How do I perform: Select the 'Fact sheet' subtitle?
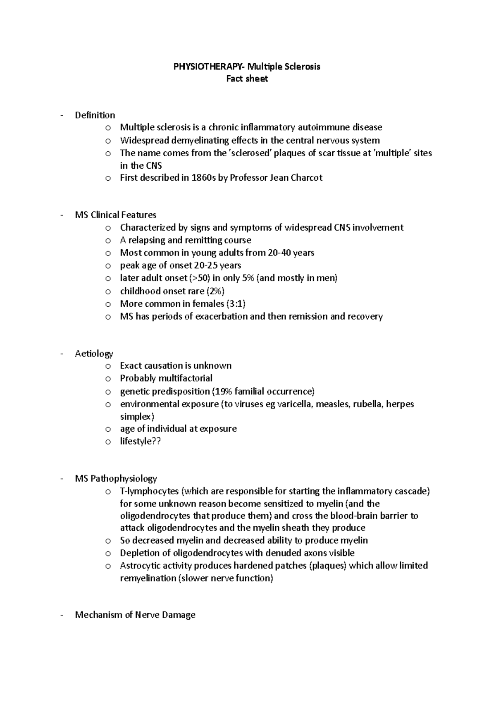(x=247, y=79)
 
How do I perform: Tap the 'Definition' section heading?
(x=95, y=115)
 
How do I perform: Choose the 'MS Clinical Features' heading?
(x=115, y=215)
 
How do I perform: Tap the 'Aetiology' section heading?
(x=94, y=353)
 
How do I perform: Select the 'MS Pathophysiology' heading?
(x=116, y=479)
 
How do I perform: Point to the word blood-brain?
(x=356, y=516)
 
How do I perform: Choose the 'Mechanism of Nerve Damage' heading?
(x=135, y=615)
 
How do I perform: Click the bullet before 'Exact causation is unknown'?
(x=108, y=366)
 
